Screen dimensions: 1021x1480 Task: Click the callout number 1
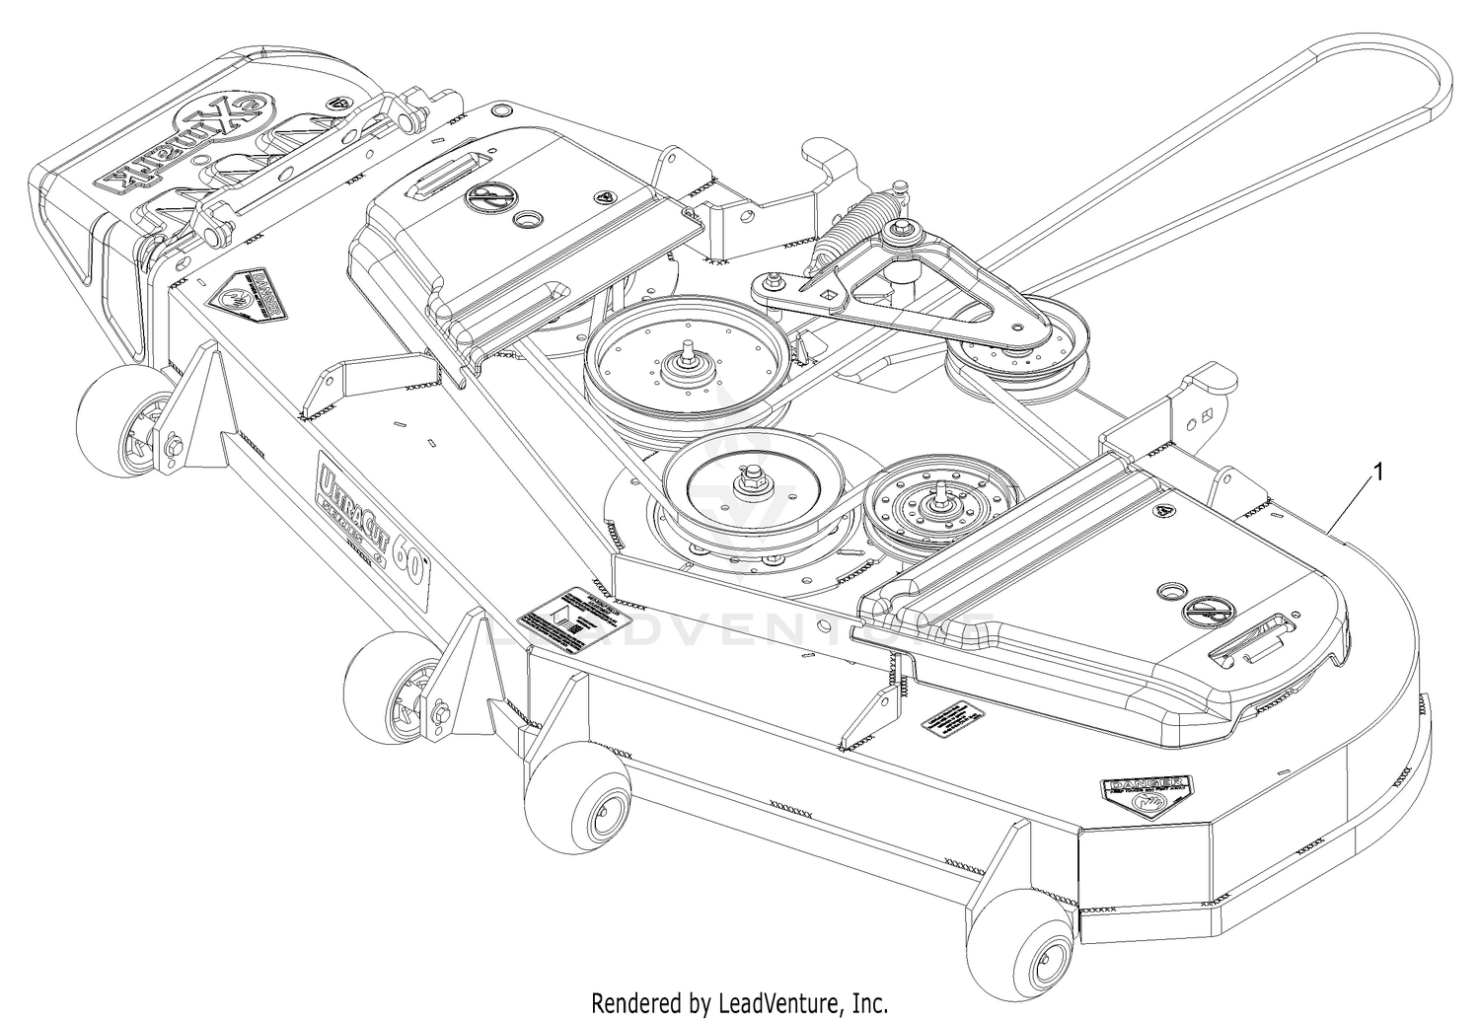click(1377, 474)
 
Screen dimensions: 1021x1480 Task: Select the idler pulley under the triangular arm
click(1018, 353)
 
